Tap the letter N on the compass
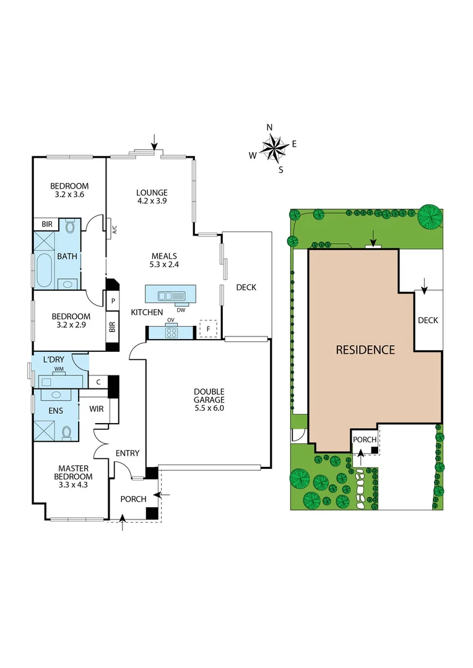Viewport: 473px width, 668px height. [269, 127]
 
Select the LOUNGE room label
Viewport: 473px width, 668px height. [152, 192]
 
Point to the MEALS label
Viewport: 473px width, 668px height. [165, 256]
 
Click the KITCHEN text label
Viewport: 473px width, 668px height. [147, 312]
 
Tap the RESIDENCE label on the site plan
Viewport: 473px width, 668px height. [365, 349]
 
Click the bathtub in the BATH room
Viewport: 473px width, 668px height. [44, 271]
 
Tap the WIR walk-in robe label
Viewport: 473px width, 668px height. [96, 409]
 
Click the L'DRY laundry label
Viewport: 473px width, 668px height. [53, 359]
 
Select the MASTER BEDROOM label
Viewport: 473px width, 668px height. [75, 472]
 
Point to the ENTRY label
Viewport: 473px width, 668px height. [128, 453]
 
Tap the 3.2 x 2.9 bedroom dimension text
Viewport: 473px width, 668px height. [70, 325]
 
